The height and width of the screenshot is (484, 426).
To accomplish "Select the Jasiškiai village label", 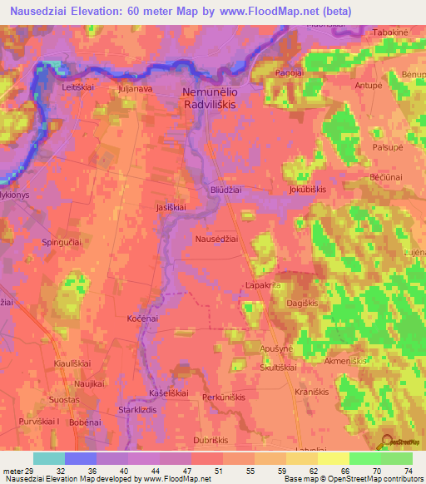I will click(x=172, y=207).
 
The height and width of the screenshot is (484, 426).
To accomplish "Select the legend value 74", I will click(x=408, y=471).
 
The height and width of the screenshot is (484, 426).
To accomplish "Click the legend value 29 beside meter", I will click(x=33, y=471).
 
